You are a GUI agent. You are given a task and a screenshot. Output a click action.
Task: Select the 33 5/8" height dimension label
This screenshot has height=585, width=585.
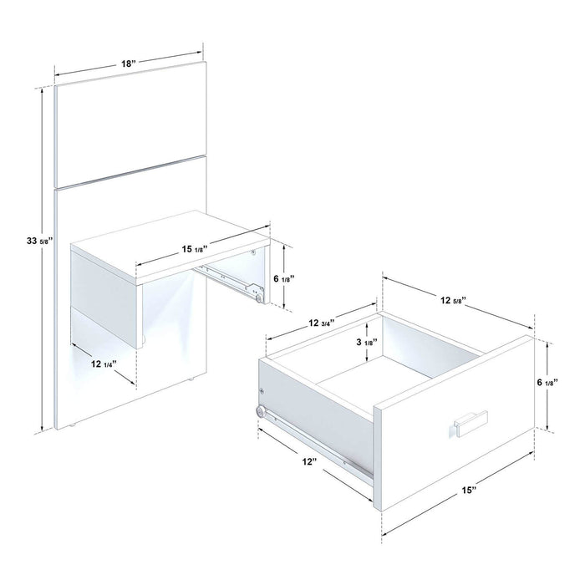click(x=39, y=241)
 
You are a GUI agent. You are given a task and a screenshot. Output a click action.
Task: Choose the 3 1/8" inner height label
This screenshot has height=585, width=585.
click(x=364, y=341)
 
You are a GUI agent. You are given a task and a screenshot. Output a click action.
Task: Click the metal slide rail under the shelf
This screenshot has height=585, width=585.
click(x=231, y=279)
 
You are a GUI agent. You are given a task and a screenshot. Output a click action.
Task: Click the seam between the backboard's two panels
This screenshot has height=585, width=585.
click(x=130, y=171)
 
